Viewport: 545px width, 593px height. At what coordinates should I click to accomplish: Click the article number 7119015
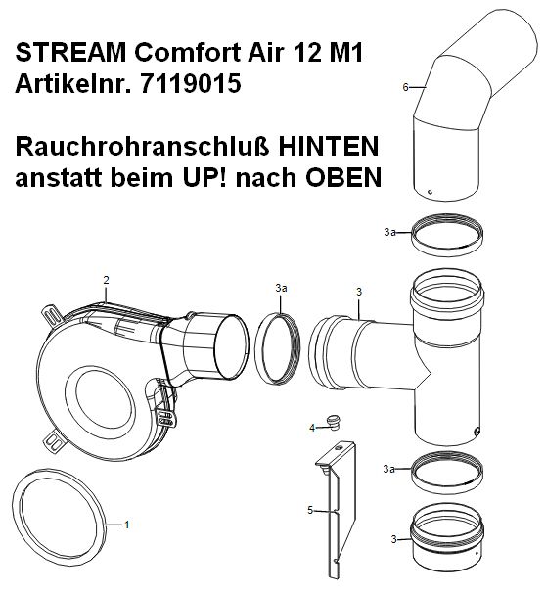click(191, 83)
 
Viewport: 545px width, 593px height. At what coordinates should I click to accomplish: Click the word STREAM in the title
click(70, 52)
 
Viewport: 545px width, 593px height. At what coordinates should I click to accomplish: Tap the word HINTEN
click(329, 147)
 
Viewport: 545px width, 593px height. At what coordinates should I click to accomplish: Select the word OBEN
click(343, 177)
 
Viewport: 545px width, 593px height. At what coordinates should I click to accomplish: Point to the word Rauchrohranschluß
click(142, 147)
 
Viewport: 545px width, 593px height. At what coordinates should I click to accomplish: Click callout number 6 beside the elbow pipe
click(405, 87)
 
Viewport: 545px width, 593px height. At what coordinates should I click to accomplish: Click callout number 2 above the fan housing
click(106, 280)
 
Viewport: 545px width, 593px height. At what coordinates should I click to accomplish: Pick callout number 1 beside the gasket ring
click(127, 525)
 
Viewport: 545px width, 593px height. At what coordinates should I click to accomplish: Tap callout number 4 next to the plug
click(312, 428)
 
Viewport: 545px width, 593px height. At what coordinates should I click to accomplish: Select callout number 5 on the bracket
click(310, 511)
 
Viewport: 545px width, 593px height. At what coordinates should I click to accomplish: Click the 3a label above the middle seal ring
click(281, 288)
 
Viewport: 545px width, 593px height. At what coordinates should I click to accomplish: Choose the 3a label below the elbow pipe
click(389, 232)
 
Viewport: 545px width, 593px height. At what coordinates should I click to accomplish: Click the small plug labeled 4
click(334, 422)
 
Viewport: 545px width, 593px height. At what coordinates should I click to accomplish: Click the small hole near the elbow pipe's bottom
click(430, 192)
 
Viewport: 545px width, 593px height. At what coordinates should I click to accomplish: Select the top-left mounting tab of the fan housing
click(52, 316)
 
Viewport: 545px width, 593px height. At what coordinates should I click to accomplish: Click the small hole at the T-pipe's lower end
click(477, 431)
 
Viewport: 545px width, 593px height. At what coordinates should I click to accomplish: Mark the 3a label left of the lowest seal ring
click(388, 469)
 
